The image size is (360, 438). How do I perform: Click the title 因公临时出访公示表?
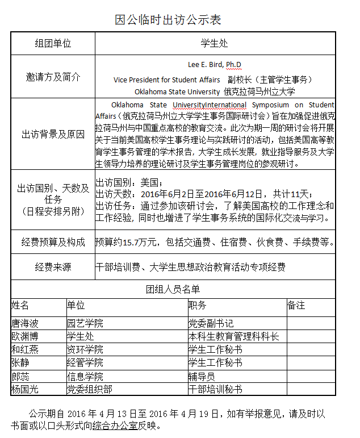coord(168,20)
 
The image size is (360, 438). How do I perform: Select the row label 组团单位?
coord(53,43)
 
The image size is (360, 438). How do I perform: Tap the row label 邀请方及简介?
coord(53,77)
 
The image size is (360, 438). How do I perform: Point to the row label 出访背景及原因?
coord(53,135)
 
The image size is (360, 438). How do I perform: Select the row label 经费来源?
coord(53,266)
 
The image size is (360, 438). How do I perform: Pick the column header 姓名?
coord(20,306)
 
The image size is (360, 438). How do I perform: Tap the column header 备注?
coord(296,306)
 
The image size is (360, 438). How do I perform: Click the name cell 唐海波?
coord(25,323)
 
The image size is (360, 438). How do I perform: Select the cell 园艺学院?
coord(85,323)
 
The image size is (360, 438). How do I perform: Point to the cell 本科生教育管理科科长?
coord(233,336)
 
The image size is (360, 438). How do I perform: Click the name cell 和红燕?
coord(25,349)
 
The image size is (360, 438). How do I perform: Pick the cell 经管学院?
coord(85,362)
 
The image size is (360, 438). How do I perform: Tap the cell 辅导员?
coord(202,376)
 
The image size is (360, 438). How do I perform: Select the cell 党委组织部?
coord(89,389)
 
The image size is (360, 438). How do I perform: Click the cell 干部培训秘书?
coord(215,389)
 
